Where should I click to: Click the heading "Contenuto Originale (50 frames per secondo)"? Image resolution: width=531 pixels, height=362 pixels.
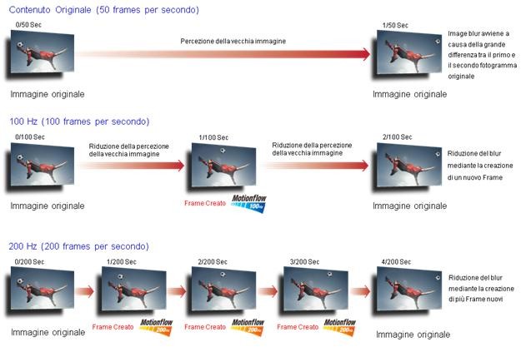(104, 10)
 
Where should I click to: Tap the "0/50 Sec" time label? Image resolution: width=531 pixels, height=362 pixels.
(28, 25)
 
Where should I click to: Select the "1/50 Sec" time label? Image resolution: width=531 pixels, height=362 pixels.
(395, 25)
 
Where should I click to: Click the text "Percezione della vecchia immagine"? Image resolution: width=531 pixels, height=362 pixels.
(233, 42)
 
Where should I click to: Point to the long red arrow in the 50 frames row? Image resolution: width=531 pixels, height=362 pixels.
(223, 54)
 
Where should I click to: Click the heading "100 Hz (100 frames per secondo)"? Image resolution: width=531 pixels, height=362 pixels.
(79, 121)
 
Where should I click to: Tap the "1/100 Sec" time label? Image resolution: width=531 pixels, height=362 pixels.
(213, 137)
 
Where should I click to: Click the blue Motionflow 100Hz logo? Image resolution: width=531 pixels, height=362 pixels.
(249, 203)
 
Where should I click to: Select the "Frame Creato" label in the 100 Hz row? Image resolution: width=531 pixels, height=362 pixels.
(205, 203)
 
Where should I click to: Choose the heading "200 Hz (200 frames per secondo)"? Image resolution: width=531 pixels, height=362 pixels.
(78, 246)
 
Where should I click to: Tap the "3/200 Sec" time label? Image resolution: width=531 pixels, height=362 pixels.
(304, 262)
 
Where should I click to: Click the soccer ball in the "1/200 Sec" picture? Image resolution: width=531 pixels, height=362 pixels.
(120, 276)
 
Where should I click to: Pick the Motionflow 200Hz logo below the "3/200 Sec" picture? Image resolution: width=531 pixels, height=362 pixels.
(339, 327)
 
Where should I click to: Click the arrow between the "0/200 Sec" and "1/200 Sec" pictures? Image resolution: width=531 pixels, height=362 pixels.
(84, 291)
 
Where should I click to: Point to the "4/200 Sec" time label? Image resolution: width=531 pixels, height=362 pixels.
(396, 262)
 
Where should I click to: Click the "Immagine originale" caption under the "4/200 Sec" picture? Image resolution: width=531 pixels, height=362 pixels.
(413, 335)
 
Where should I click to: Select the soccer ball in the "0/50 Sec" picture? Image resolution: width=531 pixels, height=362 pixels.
(20, 44)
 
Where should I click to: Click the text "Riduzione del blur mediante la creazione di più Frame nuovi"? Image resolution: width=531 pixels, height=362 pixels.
(481, 288)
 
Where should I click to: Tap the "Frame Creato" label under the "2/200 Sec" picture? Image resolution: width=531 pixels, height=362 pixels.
(205, 327)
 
